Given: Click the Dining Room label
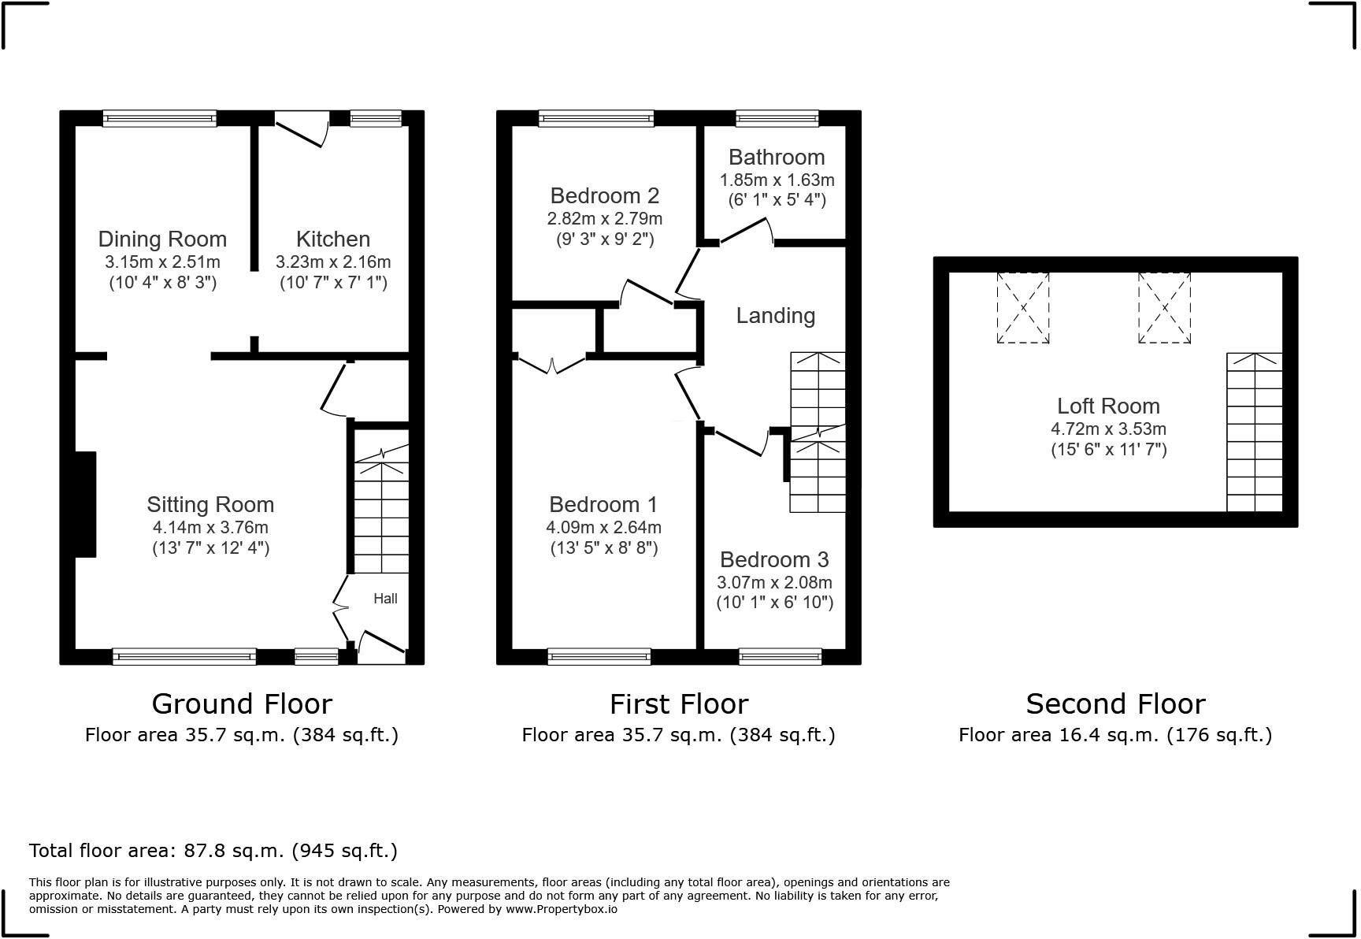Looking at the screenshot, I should pos(162,239).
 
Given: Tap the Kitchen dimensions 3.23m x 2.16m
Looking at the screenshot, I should pos(332,262).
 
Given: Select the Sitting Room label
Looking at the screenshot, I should pos(210,504).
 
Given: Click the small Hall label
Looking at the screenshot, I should pos(385,599).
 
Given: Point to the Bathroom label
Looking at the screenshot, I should pos(777,157).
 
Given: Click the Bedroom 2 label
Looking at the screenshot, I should pos(604,195).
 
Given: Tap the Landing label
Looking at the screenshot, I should pos(775,316).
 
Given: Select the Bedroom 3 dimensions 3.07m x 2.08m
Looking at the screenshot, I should pos(773,583).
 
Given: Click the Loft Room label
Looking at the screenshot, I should pos(1107,406).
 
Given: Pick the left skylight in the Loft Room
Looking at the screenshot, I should pos(1022,307).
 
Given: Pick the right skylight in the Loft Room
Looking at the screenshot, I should pos(1163,307).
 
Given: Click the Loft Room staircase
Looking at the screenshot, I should pos(1254,433).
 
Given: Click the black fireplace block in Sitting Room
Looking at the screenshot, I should pos(86,504).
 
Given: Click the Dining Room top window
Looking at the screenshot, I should pos(159,119).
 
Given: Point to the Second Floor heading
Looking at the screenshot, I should pos(1114,703).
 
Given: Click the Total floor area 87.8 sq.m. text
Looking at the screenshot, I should pos(213,851).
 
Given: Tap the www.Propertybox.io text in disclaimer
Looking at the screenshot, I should pos(561,909).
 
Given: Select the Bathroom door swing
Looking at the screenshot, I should pos(745,232).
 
